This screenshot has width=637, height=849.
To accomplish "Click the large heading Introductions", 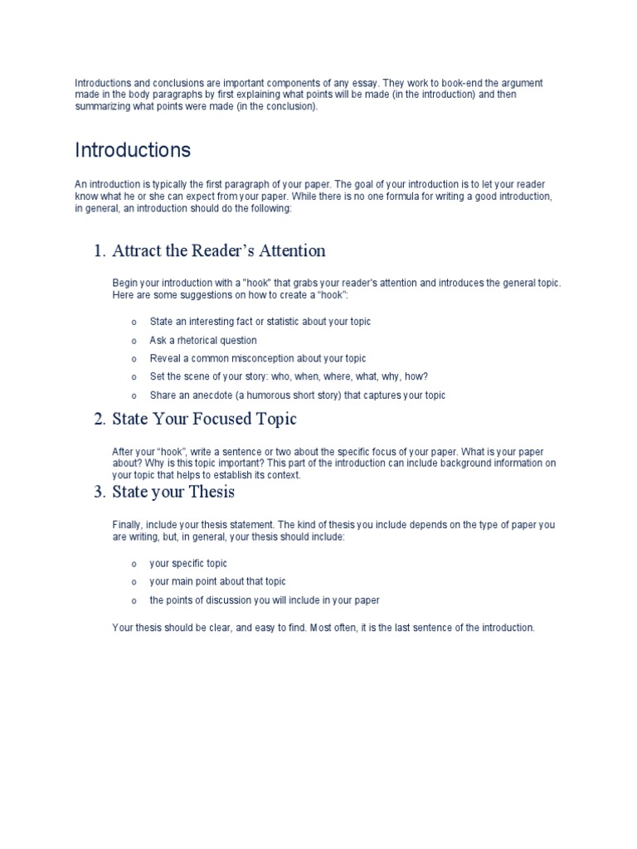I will [x=133, y=150].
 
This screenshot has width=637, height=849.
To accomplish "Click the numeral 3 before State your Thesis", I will [x=98, y=492].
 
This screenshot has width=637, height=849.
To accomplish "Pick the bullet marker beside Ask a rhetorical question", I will [x=134, y=341].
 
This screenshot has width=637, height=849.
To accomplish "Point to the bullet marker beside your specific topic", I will [x=134, y=564].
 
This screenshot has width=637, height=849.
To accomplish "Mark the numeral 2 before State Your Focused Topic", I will [x=98, y=420].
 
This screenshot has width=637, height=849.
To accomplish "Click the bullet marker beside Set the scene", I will [x=134, y=377].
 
